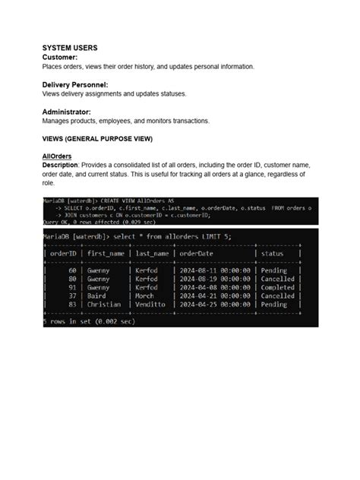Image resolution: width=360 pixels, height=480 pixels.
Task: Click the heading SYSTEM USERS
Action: [69, 48]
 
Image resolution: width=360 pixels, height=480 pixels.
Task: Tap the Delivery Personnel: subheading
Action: [75, 84]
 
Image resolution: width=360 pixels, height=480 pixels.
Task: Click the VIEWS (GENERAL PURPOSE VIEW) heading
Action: [97, 139]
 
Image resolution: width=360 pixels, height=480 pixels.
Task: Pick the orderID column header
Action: [64, 254]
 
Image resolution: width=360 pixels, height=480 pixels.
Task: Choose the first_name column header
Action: [106, 254]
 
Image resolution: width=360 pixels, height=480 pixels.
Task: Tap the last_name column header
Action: [153, 254]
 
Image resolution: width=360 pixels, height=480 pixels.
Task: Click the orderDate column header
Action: [196, 254]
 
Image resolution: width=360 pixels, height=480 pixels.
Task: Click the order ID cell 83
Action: [73, 304]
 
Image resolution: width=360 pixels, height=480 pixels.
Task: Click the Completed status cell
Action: [277, 287]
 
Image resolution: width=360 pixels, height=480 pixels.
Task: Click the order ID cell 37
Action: [73, 295]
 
